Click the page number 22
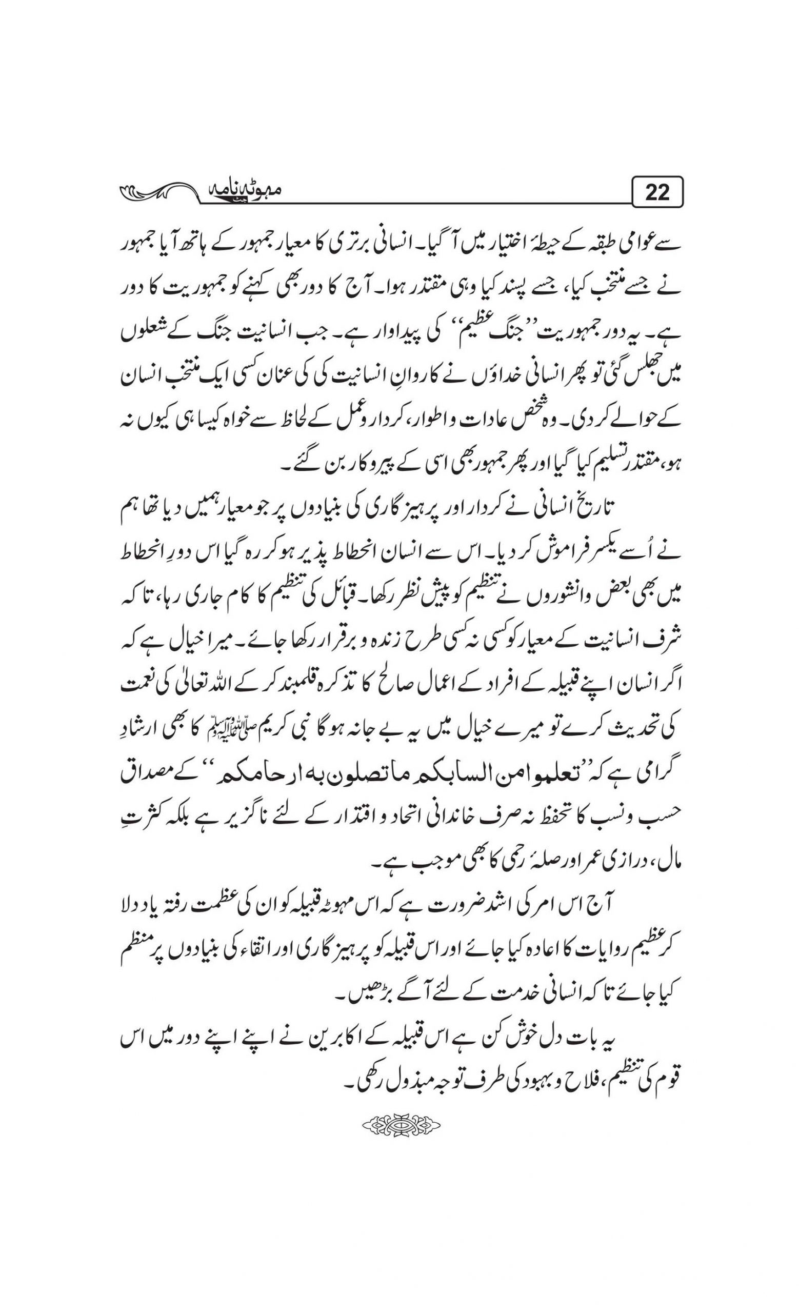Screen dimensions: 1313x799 click(656, 192)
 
